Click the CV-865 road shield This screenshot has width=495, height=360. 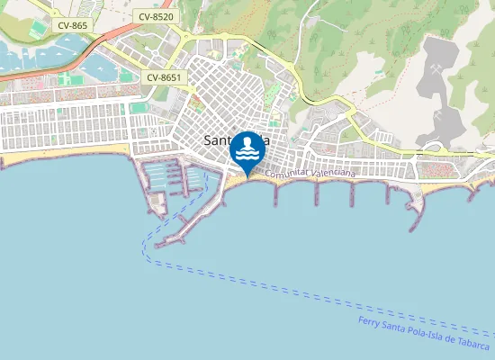click(72, 25)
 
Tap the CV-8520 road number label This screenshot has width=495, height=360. click(157, 16)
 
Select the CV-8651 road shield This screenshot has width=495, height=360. click(164, 77)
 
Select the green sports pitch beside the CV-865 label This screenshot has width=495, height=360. click(37, 31)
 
